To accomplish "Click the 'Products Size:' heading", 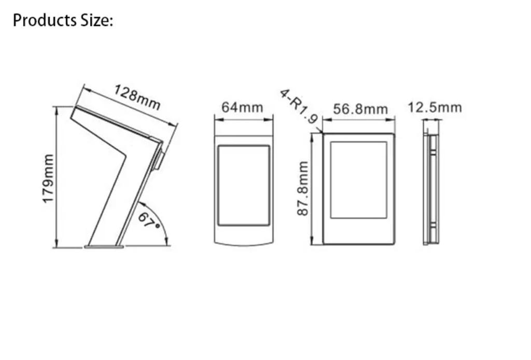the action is pos(63,20).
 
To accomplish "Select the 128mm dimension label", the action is pos(137,97).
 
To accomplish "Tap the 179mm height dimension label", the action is pos(48,178).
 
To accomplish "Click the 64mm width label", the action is pos(242,107).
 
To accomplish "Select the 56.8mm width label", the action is pos(360,109).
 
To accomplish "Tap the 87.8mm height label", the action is pos(303,188).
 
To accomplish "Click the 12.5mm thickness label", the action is pos(435,107).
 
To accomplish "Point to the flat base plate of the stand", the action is pos(104,246).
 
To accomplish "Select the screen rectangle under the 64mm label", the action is pos(244,185).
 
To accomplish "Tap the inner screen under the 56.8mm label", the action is pos(359,180).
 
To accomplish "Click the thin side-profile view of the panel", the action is pos(431,188).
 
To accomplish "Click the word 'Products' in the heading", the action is pos(45,20).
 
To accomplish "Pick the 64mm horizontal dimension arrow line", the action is pos(244,119).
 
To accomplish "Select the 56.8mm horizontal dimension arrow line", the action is pos(359,119).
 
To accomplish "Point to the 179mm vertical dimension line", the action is pos(56,177).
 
